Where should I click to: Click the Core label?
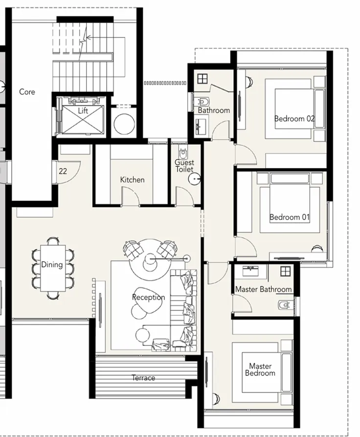[27, 91]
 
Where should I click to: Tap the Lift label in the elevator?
[83, 111]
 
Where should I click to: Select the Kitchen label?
[132, 180]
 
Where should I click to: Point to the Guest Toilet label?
[184, 166]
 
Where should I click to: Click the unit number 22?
[63, 172]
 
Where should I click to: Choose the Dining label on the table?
[51, 265]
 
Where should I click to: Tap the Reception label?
[148, 297]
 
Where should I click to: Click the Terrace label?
[143, 378]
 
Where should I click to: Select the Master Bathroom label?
[263, 289]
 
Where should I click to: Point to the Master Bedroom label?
[260, 370]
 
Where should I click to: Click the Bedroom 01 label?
[290, 217]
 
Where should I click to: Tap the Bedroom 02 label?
[294, 118]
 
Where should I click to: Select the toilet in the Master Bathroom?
[285, 306]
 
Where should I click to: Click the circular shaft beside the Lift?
[124, 124]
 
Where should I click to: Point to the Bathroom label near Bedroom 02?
[214, 110]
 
